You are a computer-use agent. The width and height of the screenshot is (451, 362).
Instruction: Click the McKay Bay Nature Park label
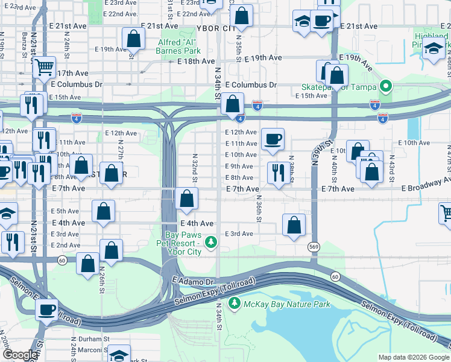point(286,305)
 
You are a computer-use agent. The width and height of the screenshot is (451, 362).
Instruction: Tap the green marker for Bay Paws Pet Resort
point(211,243)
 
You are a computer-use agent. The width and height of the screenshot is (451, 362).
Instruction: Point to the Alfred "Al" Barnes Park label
point(178,47)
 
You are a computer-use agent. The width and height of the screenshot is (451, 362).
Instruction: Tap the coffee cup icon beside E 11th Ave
point(273,139)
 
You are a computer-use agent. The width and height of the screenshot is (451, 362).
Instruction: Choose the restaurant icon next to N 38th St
point(277,172)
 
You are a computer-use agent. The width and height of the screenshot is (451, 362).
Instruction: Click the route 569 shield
point(314,247)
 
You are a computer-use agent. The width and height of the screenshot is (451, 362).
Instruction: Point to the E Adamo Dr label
point(194,282)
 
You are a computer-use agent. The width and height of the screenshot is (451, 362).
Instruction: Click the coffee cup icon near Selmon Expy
point(46,310)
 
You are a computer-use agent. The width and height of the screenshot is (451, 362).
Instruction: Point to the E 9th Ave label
point(239,167)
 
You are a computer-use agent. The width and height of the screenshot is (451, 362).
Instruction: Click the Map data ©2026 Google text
point(413,357)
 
